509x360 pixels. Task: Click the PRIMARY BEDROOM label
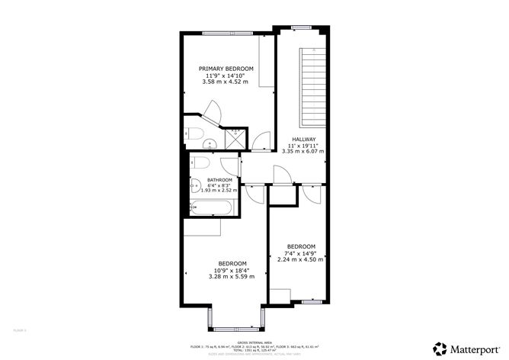(226, 69)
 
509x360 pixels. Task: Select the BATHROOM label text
(219, 180)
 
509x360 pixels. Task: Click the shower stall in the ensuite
(237, 137)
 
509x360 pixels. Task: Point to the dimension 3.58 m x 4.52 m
(226, 82)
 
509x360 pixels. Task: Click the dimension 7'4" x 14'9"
(300, 252)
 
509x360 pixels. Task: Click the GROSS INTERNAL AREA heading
(254, 342)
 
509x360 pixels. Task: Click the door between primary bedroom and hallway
(261, 140)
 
